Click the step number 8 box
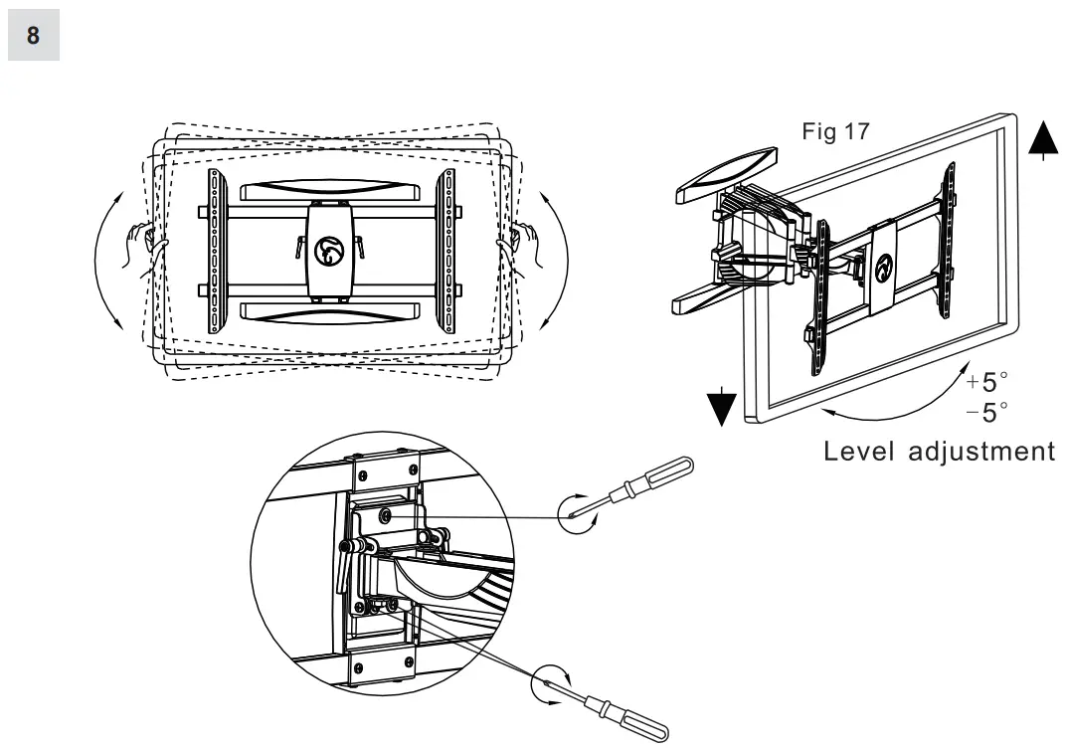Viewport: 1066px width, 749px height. point(34,36)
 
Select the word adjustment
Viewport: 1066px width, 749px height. point(984,452)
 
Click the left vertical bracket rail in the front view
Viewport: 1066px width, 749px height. point(214,254)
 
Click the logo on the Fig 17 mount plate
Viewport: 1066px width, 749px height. point(882,269)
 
